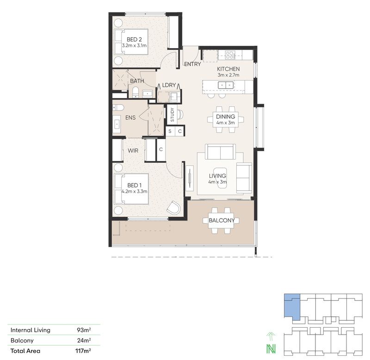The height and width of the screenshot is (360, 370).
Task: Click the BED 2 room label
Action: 131,40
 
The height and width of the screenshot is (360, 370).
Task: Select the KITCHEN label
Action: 228,69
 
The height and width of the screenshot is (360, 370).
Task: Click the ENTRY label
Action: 192,64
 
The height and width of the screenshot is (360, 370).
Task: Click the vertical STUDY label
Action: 172,114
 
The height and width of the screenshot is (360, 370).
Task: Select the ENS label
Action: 130,118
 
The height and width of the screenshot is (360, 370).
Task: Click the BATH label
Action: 137,81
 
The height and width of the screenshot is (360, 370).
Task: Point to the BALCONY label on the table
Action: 222,220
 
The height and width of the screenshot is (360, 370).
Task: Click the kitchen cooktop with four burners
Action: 229,55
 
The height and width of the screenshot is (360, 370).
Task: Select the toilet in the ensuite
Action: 118,107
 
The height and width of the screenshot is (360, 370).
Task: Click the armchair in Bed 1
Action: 174,208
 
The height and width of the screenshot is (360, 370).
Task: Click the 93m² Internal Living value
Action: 84,330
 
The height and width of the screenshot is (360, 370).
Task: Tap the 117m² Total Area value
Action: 83,351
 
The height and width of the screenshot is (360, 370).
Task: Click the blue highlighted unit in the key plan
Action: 291,305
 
